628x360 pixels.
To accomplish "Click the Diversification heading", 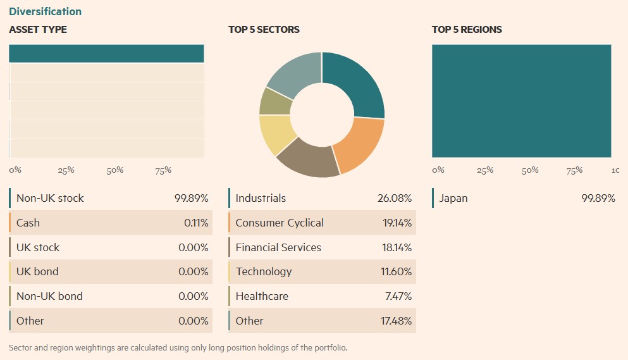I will coord(45,11).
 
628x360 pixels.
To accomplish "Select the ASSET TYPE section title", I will coord(38,30).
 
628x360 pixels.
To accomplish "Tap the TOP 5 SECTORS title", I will coord(264,30).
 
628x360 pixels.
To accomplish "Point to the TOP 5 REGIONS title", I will coord(467,30).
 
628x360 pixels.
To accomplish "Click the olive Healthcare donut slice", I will coord(274,101).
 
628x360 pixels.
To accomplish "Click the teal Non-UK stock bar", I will coord(106,54).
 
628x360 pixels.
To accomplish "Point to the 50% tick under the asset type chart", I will coord(114,170).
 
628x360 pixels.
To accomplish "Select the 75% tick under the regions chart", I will coord(574,170).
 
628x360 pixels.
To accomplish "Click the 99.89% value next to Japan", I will coord(598,198).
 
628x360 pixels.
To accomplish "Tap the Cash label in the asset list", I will coord(28,223).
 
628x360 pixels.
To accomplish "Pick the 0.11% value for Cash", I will coord(196,223).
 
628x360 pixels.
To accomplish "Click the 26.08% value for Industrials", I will coord(394,198).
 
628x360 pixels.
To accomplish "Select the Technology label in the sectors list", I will coord(264,271).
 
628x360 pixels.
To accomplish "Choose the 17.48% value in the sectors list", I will coord(396,321).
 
